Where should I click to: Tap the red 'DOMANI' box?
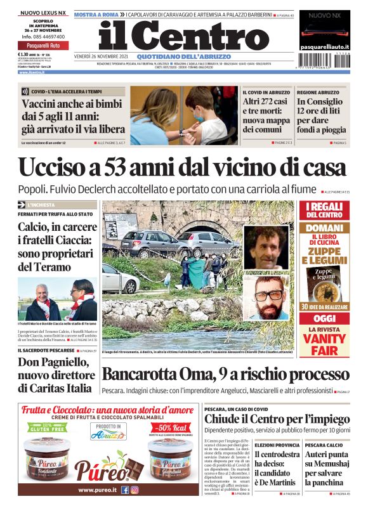(x=324, y=227)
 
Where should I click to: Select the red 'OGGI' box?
(x=324, y=318)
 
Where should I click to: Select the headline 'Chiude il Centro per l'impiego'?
(x=277, y=419)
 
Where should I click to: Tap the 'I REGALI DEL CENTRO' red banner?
(x=324, y=211)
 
